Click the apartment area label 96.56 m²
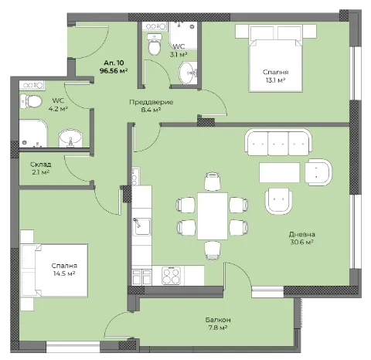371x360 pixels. point(113,70)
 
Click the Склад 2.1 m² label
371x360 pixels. point(40,168)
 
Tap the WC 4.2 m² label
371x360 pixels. point(59,104)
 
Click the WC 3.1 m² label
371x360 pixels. point(178,50)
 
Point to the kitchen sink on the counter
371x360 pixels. point(141,227)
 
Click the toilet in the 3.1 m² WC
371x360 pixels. point(155,48)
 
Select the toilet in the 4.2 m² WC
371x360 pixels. point(32,101)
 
